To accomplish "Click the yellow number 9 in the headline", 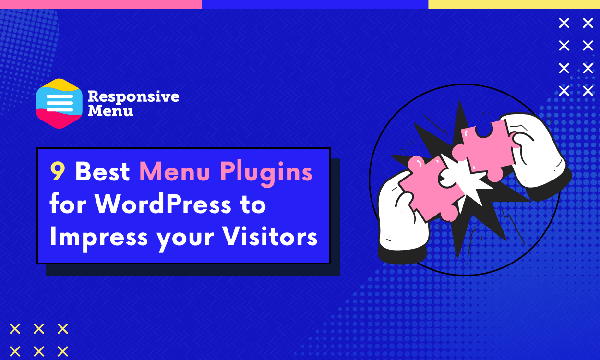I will [58, 172].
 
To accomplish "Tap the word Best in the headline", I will [103, 172].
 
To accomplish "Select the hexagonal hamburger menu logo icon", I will [60, 103].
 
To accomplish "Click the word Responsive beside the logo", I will [133, 96].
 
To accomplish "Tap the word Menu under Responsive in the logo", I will [110, 111].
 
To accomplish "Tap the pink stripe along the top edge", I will [101, 4].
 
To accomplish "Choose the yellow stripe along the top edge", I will [514, 4].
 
